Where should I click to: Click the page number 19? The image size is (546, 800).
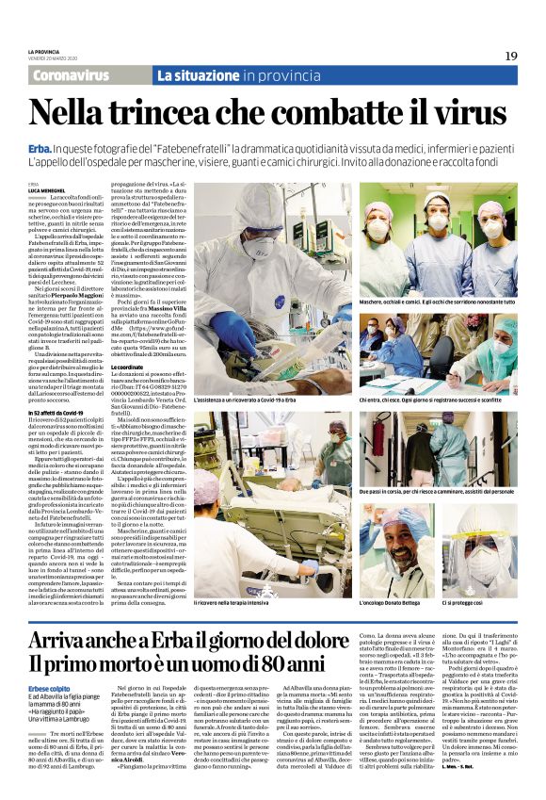(510, 57)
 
